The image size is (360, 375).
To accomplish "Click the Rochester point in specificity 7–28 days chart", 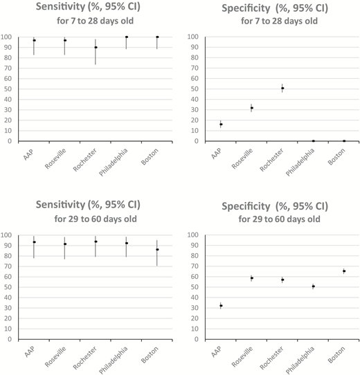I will (282, 89).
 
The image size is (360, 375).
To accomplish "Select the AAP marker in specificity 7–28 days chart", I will (221, 125).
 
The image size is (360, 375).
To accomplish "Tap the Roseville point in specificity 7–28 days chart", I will (252, 108).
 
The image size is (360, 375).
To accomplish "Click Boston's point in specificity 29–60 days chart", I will (344, 271).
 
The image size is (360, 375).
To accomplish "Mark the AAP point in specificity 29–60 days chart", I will (221, 305).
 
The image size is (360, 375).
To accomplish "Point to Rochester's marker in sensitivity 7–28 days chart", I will (96, 47).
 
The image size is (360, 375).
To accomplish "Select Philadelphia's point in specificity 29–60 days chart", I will (313, 286).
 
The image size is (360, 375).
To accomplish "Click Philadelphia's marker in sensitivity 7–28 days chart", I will (127, 37).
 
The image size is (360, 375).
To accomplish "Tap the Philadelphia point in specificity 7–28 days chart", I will (313, 141).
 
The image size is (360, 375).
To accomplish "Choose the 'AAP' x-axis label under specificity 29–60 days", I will (215, 354).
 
